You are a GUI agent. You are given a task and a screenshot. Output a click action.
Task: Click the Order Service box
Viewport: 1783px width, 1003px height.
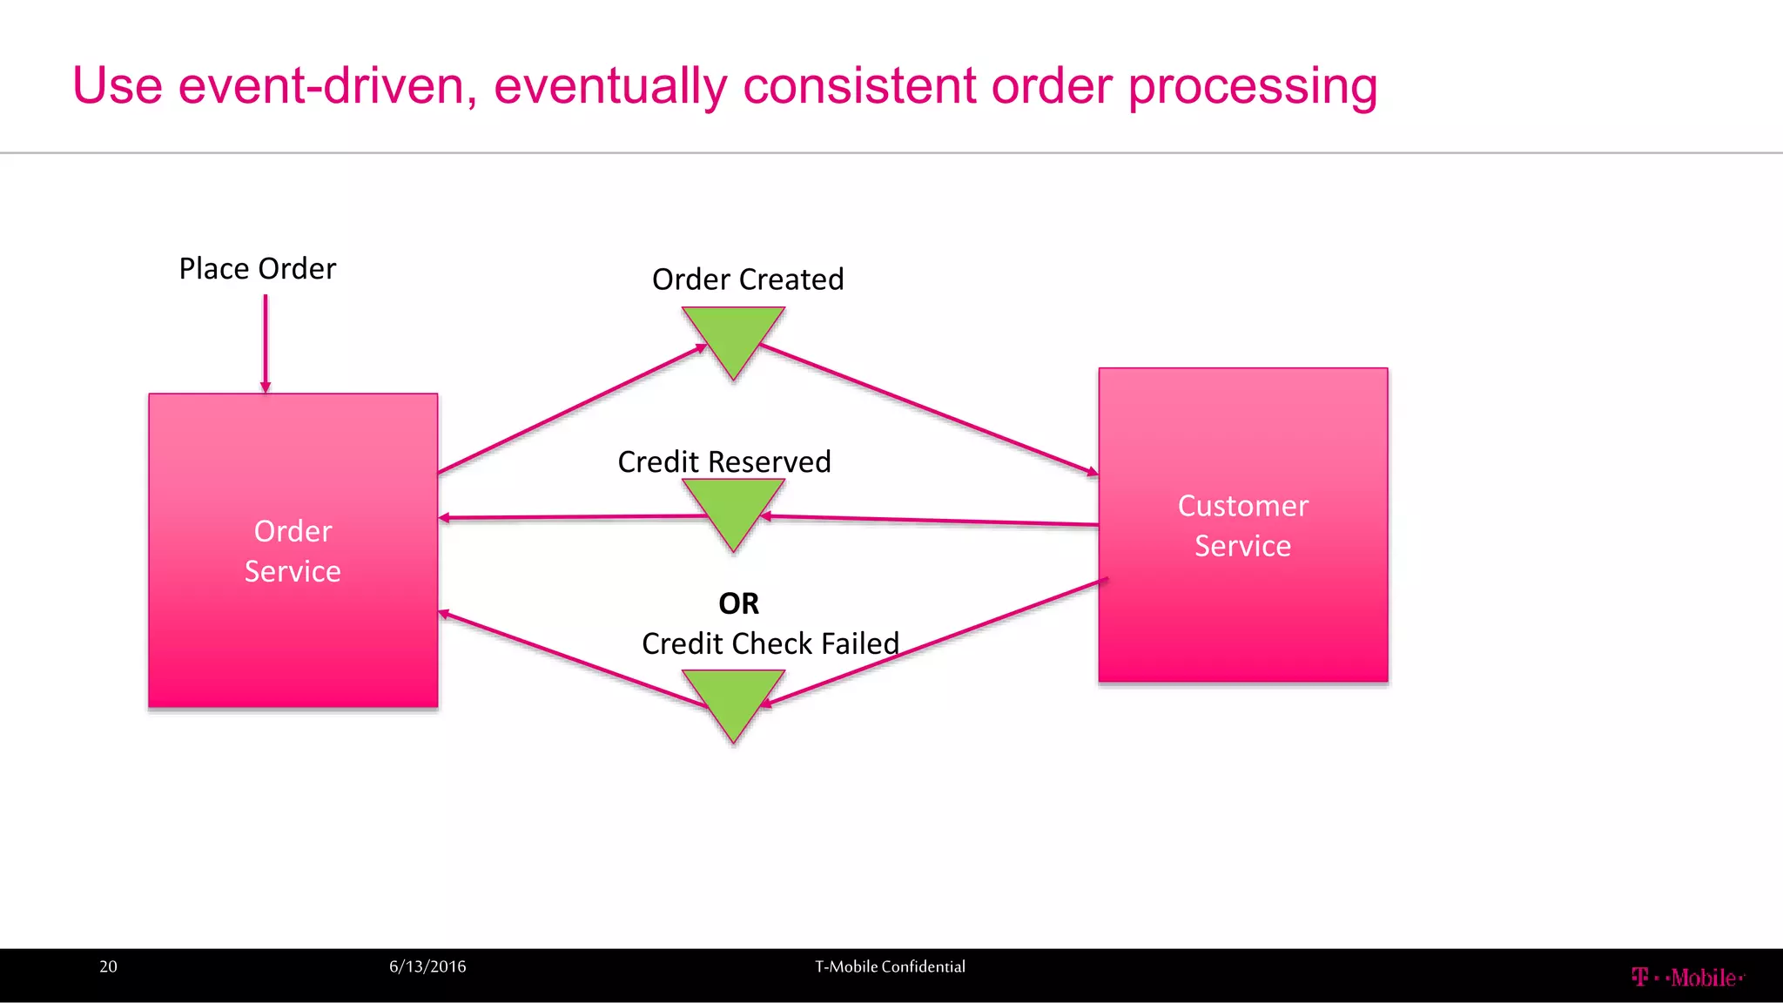point(293,550)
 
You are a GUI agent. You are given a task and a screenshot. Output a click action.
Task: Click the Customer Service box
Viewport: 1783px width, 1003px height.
point(1242,525)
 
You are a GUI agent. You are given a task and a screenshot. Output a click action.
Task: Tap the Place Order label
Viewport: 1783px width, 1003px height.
point(257,269)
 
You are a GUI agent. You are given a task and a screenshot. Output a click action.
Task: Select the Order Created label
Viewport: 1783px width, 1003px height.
point(748,279)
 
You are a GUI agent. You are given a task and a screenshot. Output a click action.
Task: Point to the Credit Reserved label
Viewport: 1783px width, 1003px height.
point(723,461)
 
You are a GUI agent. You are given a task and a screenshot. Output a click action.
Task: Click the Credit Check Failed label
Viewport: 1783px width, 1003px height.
point(770,643)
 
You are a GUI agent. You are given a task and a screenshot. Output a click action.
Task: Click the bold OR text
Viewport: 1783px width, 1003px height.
point(738,603)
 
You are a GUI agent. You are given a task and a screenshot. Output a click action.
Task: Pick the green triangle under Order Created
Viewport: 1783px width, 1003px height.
point(733,335)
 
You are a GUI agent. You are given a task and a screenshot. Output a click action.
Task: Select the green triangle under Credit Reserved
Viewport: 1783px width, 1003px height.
point(733,508)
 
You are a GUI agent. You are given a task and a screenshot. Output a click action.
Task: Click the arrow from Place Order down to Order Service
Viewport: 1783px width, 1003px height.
point(266,344)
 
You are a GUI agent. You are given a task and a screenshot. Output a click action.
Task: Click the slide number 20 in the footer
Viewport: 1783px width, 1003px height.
point(108,966)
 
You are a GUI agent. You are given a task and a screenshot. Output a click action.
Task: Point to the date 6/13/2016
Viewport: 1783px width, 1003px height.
point(427,966)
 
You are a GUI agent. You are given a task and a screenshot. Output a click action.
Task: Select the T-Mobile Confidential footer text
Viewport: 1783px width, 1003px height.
point(890,966)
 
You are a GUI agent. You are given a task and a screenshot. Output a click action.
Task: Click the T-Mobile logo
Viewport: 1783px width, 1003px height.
point(1687,978)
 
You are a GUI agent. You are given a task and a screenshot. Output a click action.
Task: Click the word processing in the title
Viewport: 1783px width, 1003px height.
point(1253,87)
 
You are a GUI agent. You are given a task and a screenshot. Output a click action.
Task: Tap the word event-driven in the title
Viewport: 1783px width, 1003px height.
point(327,87)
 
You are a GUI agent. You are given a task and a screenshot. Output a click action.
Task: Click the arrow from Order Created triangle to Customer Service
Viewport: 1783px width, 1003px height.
point(927,409)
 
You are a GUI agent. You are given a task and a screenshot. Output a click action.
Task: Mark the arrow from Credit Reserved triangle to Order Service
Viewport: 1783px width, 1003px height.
point(575,517)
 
